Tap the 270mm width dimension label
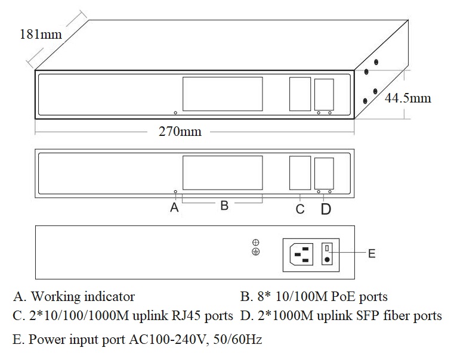coord(180,131)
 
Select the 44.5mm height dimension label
coord(407,97)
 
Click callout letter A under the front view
coord(174,207)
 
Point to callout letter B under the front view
coord(224,206)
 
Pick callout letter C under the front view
coord(300,209)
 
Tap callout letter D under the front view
coord(326,209)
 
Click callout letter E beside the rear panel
coord(372,253)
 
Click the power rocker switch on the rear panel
coord(327,254)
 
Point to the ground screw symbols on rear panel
coord(255,247)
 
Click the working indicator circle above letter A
coord(175,192)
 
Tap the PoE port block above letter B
coord(223,172)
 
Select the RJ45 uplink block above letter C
coord(300,172)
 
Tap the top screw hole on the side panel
coord(376,61)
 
